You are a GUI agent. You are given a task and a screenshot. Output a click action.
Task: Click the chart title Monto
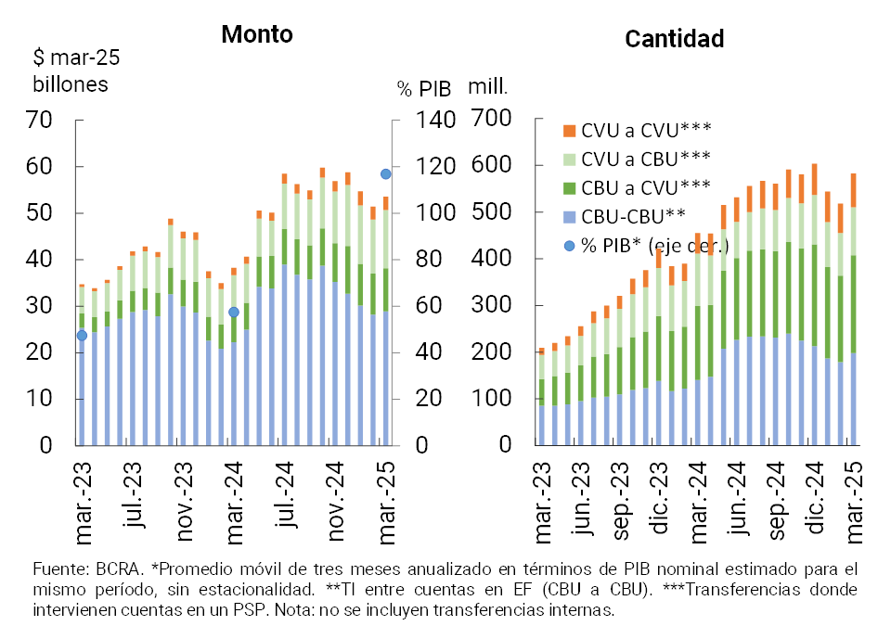tap(257, 34)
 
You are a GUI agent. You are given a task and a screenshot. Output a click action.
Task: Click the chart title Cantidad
tap(674, 39)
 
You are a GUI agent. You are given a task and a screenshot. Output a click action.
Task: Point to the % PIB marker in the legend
tap(570, 244)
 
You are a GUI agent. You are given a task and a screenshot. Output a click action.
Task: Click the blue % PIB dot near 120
tap(385, 173)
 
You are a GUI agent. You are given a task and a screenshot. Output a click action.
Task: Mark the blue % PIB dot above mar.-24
tap(234, 312)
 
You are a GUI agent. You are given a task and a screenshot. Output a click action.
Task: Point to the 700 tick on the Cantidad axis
tap(493, 119)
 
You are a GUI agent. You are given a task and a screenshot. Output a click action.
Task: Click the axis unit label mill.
tap(487, 87)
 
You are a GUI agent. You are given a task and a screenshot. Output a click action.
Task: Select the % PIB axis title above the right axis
tap(423, 89)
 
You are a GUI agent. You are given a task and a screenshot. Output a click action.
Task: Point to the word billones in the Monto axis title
tap(71, 83)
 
